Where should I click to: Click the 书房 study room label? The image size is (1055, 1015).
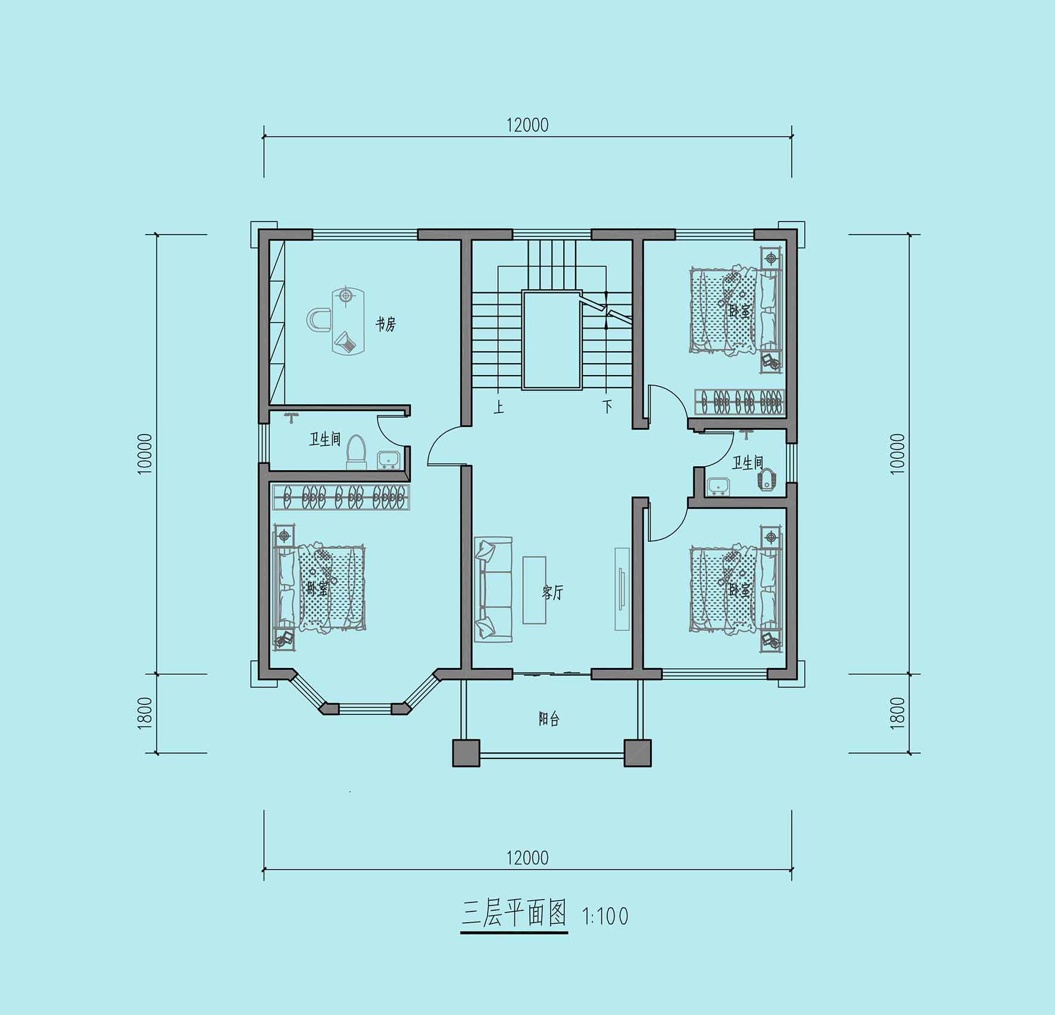pyautogui.click(x=385, y=324)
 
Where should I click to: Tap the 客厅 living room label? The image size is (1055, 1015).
pyautogui.click(x=553, y=592)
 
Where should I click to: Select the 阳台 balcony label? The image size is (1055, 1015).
pyautogui.click(x=549, y=719)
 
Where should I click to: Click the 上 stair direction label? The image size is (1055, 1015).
pyautogui.click(x=499, y=407)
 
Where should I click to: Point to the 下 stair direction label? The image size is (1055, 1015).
pyautogui.click(x=607, y=407)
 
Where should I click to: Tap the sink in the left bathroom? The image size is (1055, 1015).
pyautogui.click(x=389, y=460)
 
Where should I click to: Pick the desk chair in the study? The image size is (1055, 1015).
pyautogui.click(x=319, y=320)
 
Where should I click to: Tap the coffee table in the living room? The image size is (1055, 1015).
pyautogui.click(x=534, y=590)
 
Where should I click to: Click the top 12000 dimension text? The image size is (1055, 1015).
pyautogui.click(x=527, y=125)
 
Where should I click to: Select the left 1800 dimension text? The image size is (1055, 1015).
pyautogui.click(x=145, y=713)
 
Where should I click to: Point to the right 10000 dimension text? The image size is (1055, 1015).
pyautogui.click(x=898, y=454)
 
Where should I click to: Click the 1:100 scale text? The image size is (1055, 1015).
pyautogui.click(x=605, y=916)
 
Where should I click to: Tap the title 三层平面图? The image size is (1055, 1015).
pyautogui.click(x=514, y=914)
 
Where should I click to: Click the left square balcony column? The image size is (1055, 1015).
pyautogui.click(x=466, y=753)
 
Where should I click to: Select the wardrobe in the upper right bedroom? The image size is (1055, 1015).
pyautogui.click(x=740, y=402)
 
